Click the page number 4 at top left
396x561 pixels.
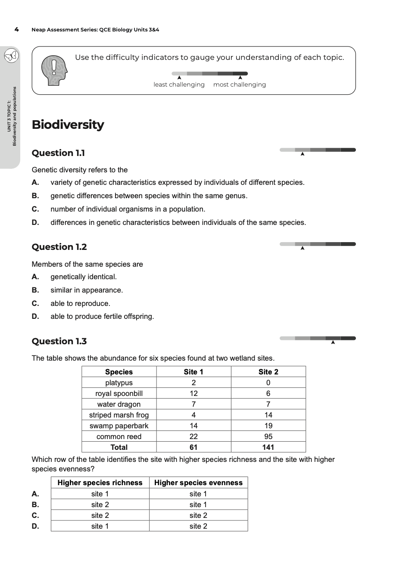click(16, 30)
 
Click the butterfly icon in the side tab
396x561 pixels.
click(11, 56)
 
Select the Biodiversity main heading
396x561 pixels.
click(68, 125)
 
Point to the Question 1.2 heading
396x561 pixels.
click(59, 247)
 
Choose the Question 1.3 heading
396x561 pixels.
click(59, 341)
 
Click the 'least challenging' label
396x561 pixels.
click(179, 84)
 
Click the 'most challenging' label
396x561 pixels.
click(239, 84)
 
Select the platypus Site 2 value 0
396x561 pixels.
click(268, 383)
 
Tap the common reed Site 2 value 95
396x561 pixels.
click(268, 436)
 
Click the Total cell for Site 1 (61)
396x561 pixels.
click(193, 447)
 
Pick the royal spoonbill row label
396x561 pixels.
click(119, 393)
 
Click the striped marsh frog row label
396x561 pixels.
click(119, 415)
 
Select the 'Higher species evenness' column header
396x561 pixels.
click(198, 483)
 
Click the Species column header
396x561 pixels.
click(119, 372)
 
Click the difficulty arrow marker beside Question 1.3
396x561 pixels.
click(333, 343)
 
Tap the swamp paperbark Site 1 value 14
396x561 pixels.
click(193, 426)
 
